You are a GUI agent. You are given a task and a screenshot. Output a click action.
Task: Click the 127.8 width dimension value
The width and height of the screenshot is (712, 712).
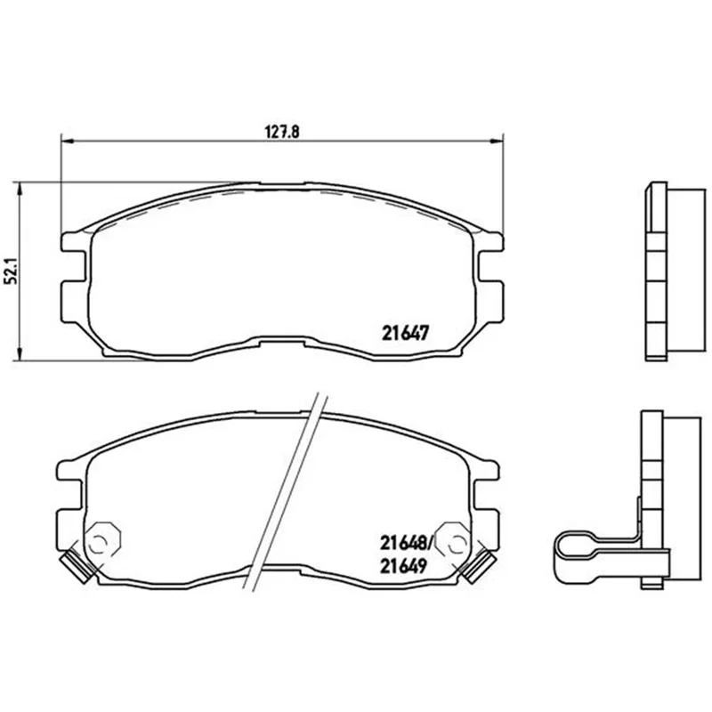coord(282,132)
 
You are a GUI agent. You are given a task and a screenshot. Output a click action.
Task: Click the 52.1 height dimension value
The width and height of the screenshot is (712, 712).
coord(11,271)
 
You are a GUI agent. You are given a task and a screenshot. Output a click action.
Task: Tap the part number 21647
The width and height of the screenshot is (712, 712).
coord(405,333)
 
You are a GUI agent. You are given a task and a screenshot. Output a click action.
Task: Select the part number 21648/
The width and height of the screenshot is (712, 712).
coord(408,542)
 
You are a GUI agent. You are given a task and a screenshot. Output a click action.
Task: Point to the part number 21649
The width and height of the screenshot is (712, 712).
coord(404,566)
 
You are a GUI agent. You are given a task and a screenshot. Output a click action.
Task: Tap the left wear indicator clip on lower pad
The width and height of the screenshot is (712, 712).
coord(77,565)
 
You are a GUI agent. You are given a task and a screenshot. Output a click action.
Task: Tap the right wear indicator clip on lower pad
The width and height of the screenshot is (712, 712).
coord(478,565)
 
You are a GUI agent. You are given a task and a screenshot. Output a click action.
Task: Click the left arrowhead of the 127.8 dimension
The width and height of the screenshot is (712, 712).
coord(67,142)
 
